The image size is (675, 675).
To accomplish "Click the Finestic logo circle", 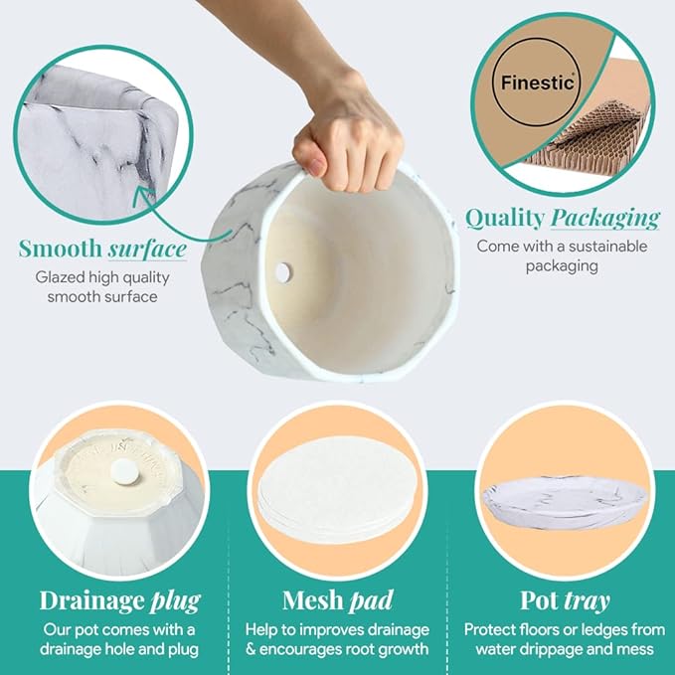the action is (x=537, y=82).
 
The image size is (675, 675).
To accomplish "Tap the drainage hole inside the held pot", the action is (x=283, y=272).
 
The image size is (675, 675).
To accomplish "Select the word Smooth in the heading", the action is (x=60, y=249).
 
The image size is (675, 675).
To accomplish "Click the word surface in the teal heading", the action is (x=147, y=249).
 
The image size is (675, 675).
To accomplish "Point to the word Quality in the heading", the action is (x=505, y=218).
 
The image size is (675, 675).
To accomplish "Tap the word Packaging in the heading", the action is (x=604, y=218).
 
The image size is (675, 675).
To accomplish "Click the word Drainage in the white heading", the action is (x=91, y=600).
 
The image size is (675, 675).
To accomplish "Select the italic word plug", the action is (x=175, y=601).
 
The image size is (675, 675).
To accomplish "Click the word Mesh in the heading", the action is (x=313, y=599).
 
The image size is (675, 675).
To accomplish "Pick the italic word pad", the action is (x=372, y=600).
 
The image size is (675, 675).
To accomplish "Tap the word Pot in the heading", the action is (x=540, y=599).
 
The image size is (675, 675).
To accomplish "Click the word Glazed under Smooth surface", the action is (x=60, y=278).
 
